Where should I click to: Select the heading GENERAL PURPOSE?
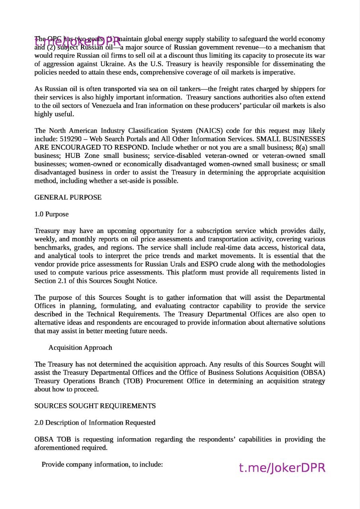pos(68,197)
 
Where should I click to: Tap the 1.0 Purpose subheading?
pos(51,214)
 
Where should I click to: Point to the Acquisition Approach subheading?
pos(80,348)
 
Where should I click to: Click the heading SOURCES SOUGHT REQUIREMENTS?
pos(95,406)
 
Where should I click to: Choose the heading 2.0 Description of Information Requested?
pos(95,422)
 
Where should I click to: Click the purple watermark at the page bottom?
pos(282,468)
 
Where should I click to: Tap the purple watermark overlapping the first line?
pos(78,41)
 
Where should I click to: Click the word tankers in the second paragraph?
pos(187,89)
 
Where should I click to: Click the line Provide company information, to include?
pos(102,464)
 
